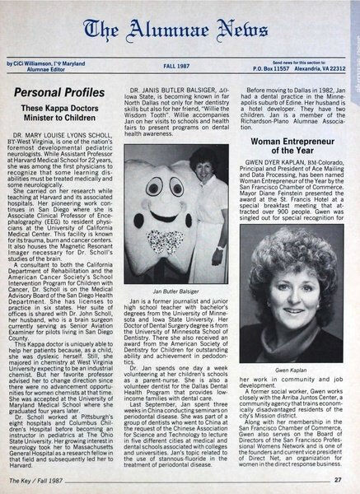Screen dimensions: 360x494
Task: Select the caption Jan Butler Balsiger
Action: click(x=177, y=292)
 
